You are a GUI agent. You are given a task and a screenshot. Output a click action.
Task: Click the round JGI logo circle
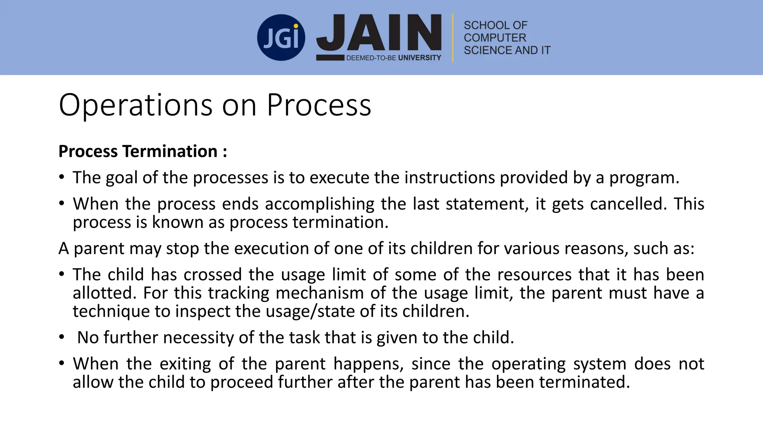(x=281, y=38)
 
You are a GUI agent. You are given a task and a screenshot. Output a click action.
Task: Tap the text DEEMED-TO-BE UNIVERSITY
(x=393, y=58)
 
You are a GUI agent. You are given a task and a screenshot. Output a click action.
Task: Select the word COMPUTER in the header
(x=495, y=38)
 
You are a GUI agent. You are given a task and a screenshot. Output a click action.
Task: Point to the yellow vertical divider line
(x=453, y=38)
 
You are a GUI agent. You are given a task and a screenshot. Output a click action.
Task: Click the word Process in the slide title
(x=319, y=105)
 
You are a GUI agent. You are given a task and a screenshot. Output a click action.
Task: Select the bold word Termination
(x=170, y=152)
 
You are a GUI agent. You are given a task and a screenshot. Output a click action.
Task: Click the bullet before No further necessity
(x=61, y=337)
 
